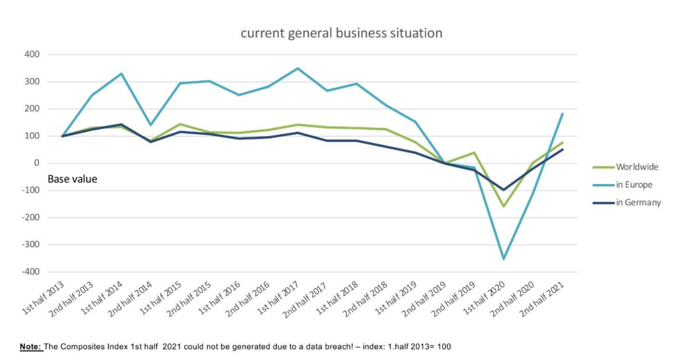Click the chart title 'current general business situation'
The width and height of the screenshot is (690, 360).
(x=342, y=33)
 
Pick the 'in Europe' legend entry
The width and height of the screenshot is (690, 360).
(x=634, y=185)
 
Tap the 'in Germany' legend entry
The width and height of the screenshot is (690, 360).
(x=638, y=202)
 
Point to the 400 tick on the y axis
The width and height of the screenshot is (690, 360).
(x=32, y=54)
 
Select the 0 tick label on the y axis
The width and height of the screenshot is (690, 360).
(x=37, y=163)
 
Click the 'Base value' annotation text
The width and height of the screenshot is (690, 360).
(x=73, y=179)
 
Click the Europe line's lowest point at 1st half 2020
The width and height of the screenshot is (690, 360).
(x=504, y=259)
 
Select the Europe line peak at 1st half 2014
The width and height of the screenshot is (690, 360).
(x=121, y=73)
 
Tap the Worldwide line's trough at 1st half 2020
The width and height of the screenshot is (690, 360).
(x=504, y=206)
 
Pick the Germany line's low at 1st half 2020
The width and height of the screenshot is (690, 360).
(x=504, y=190)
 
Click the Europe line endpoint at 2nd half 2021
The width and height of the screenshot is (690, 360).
(x=563, y=114)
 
